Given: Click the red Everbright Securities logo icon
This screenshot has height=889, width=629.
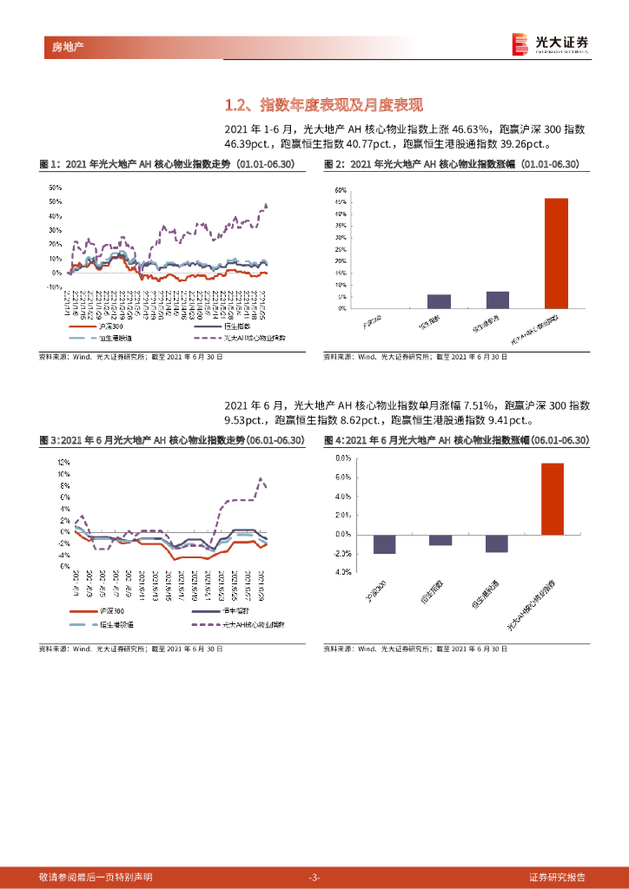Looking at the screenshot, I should (x=520, y=43).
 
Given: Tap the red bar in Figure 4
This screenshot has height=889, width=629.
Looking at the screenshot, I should (x=553, y=498).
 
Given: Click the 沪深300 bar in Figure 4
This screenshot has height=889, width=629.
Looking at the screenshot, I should (x=385, y=543).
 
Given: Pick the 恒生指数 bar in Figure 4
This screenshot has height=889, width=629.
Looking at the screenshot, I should (x=440, y=540).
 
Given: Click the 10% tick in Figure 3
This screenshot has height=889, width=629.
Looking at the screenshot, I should (x=63, y=475).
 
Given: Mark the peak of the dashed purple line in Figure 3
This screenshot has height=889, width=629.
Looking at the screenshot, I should (x=260, y=478).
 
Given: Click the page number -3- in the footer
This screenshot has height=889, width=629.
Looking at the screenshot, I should (x=314, y=877).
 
